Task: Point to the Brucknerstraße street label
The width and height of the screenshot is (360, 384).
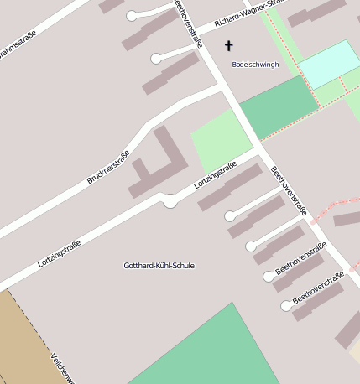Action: [108, 167]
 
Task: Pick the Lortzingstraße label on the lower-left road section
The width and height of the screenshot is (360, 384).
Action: [60, 254]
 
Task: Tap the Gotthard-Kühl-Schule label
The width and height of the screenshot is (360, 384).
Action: [159, 266]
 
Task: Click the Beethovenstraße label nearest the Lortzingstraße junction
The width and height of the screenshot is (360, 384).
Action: [289, 191]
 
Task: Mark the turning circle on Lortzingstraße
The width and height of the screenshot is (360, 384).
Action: [170, 201]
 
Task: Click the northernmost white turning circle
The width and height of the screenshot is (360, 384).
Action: [131, 16]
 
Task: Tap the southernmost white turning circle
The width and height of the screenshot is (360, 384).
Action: [286, 307]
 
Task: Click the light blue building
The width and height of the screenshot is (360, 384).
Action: [328, 62]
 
